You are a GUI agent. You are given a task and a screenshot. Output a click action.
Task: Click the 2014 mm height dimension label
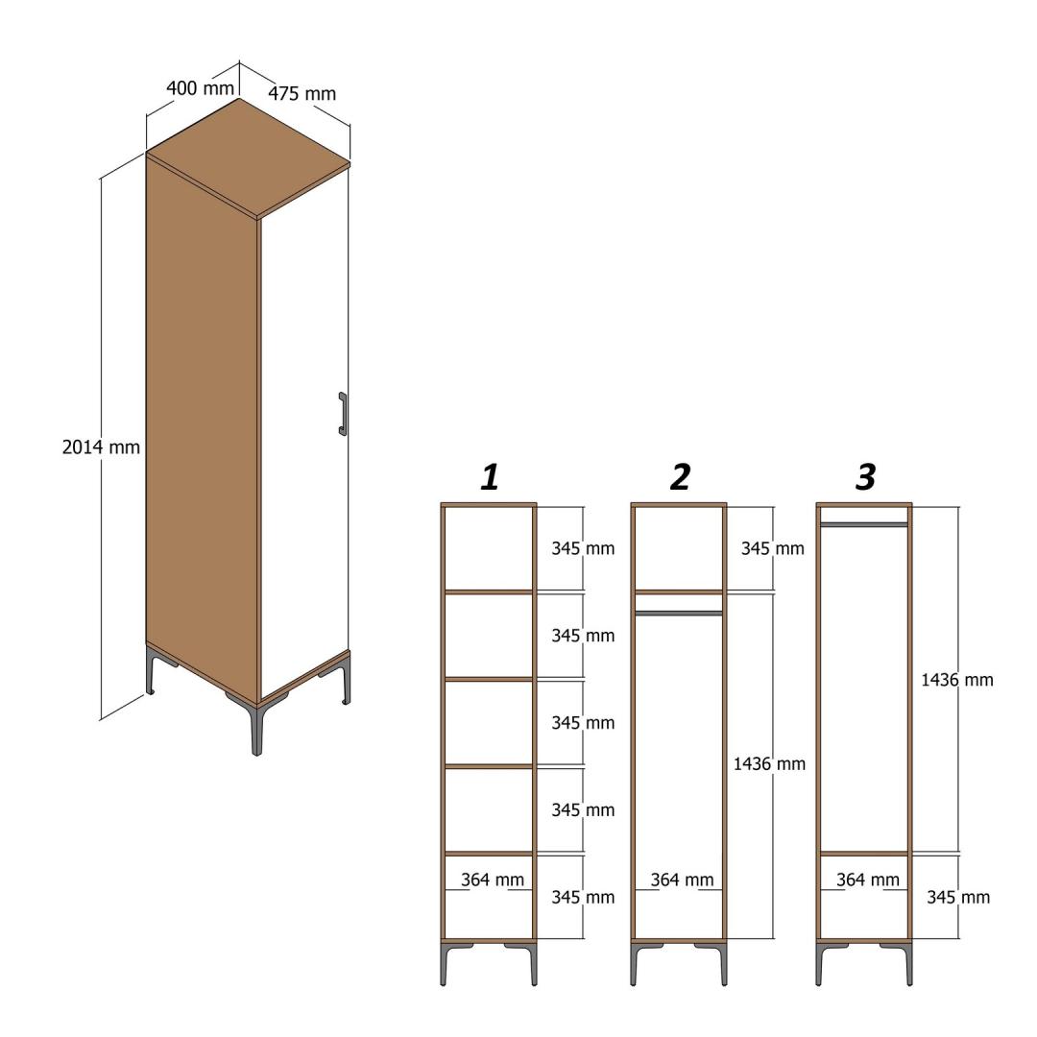tap(101, 447)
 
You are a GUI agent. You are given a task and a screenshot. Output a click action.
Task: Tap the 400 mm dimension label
tap(200, 87)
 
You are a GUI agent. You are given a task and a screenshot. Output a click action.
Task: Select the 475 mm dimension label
tap(301, 93)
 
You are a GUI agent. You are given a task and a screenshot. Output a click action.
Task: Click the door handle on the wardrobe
tap(343, 414)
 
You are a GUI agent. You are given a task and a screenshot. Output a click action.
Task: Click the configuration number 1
tap(490, 477)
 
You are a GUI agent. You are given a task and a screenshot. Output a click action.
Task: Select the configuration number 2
tap(681, 477)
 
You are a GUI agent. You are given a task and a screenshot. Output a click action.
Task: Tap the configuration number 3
tap(866, 477)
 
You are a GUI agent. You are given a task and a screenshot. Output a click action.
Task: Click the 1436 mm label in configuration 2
tap(769, 764)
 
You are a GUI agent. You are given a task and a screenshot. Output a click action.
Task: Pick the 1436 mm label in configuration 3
tap(957, 680)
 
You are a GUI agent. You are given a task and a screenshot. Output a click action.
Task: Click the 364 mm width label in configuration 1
tap(492, 880)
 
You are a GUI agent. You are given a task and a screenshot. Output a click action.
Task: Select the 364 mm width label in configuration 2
tap(682, 880)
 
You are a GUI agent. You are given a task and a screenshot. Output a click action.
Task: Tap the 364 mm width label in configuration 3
tap(868, 880)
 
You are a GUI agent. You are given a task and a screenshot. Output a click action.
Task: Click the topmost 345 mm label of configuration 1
tap(583, 548)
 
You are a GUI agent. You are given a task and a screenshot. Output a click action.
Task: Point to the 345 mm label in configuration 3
tap(957, 898)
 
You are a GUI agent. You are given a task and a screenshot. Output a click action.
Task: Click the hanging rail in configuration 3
tap(864, 524)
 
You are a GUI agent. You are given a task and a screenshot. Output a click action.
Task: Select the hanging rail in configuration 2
tap(679, 614)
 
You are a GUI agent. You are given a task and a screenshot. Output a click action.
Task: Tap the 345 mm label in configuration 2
tap(772, 548)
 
